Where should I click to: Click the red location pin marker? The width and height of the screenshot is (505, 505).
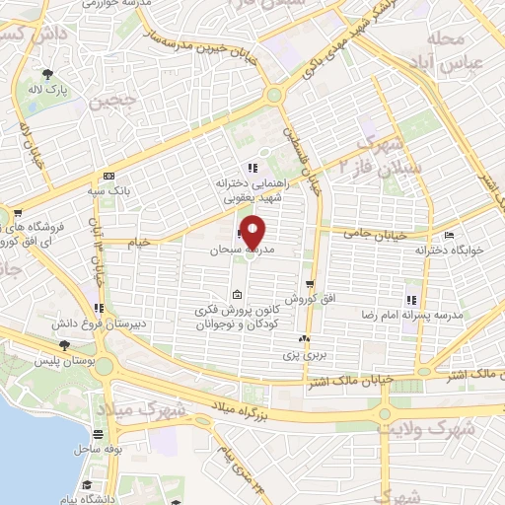click(x=253, y=233)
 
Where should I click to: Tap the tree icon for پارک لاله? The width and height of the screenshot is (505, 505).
click(x=47, y=72)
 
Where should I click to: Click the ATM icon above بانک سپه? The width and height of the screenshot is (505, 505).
click(x=97, y=176)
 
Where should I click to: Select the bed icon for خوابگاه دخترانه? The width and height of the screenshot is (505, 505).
click(x=449, y=236)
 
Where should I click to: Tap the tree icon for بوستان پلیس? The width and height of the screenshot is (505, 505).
click(x=64, y=346)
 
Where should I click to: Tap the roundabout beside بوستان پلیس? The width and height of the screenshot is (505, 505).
click(x=105, y=366)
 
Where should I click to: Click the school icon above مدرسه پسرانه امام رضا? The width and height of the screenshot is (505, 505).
click(x=410, y=300)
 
